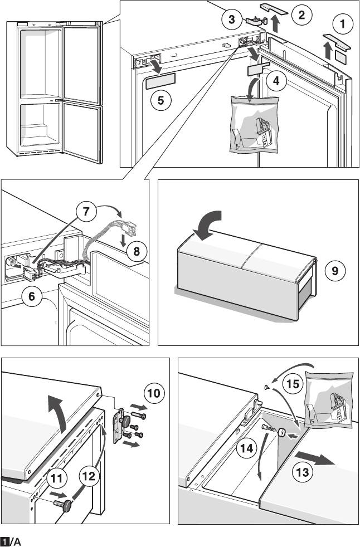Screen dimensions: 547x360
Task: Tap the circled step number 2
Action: tap(301, 15)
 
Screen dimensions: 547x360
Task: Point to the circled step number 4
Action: tap(276, 80)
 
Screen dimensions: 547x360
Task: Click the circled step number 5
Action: tap(160, 100)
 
